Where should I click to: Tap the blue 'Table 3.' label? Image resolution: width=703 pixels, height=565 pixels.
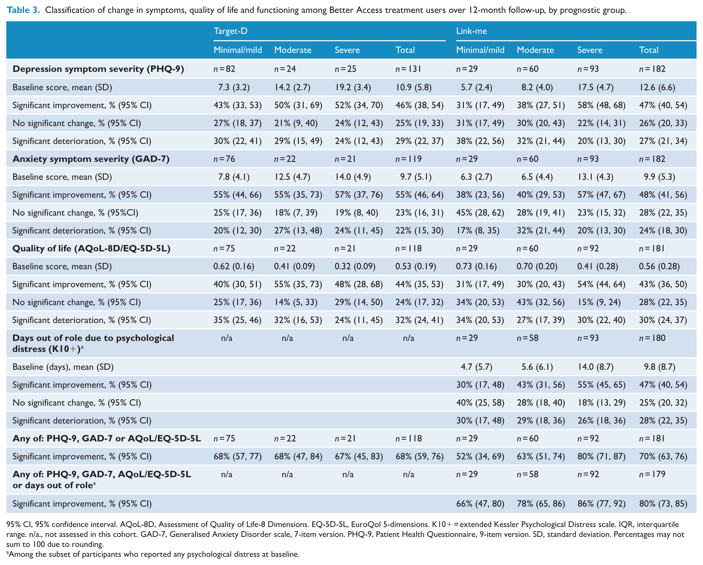click(23, 10)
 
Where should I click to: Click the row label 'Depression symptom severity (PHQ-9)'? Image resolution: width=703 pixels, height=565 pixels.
click(98, 69)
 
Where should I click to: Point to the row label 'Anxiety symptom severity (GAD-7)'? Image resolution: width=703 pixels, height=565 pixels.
click(91, 159)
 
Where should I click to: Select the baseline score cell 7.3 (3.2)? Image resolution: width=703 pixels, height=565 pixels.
click(234, 87)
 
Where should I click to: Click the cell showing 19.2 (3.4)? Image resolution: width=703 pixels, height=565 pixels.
click(353, 87)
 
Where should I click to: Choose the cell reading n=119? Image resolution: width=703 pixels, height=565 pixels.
click(408, 159)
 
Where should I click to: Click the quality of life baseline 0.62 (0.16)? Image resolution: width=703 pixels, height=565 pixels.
click(234, 267)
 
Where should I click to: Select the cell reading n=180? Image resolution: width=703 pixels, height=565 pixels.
click(652, 338)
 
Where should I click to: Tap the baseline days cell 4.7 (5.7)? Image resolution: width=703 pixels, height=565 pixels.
click(476, 367)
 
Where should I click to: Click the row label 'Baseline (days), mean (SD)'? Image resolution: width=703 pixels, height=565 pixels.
click(63, 367)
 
